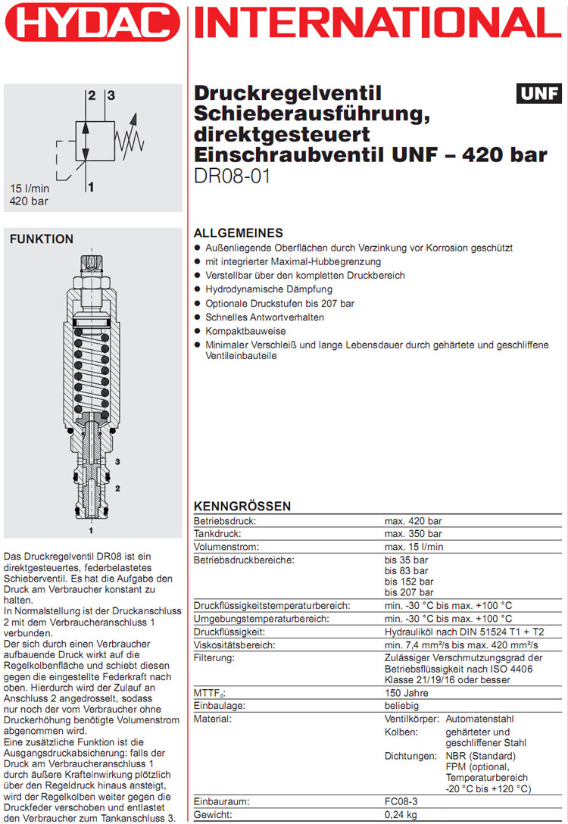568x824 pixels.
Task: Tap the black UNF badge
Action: point(538,94)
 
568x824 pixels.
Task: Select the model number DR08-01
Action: point(233,176)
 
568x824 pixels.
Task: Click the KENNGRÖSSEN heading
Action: point(242,506)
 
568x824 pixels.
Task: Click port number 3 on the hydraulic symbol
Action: point(111,95)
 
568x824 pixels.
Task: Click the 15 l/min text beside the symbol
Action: point(29,189)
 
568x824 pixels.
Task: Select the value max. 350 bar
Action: point(413,534)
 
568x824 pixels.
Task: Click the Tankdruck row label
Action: point(218,534)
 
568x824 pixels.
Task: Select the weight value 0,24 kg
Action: point(402,815)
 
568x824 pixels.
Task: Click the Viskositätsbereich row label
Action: point(235,645)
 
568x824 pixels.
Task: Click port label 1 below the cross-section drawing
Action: point(92,521)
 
